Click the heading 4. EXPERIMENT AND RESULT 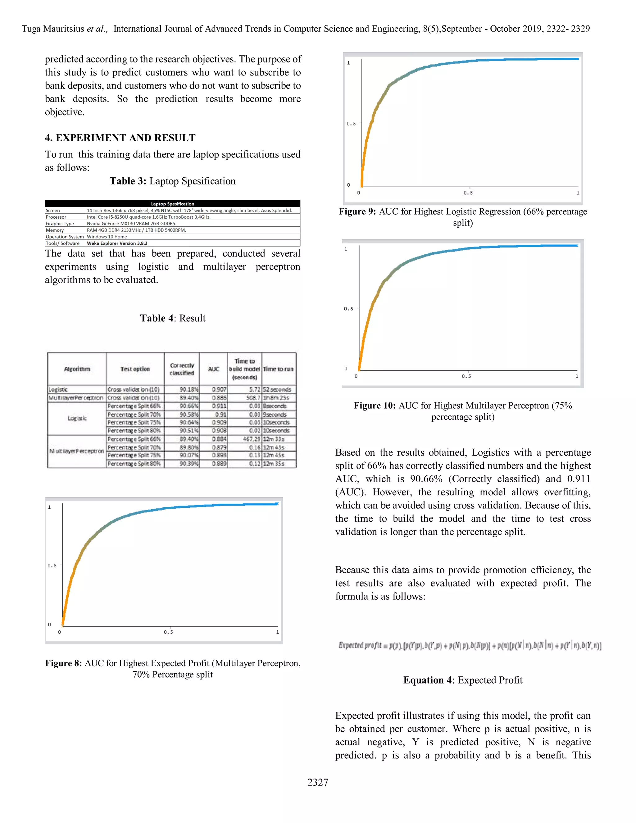120,138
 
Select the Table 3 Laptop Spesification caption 173,181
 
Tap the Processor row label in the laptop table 56,217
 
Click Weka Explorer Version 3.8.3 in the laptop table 117,243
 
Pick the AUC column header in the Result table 213,369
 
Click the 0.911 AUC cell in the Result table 219,406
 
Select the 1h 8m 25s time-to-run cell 276,398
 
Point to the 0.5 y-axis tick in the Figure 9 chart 351,124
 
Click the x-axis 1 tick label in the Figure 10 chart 577,376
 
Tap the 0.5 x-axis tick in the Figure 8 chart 168,632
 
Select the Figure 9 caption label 357,212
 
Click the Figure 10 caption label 375,406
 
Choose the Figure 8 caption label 63,663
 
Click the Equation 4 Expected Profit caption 463,680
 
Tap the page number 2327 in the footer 318,783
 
